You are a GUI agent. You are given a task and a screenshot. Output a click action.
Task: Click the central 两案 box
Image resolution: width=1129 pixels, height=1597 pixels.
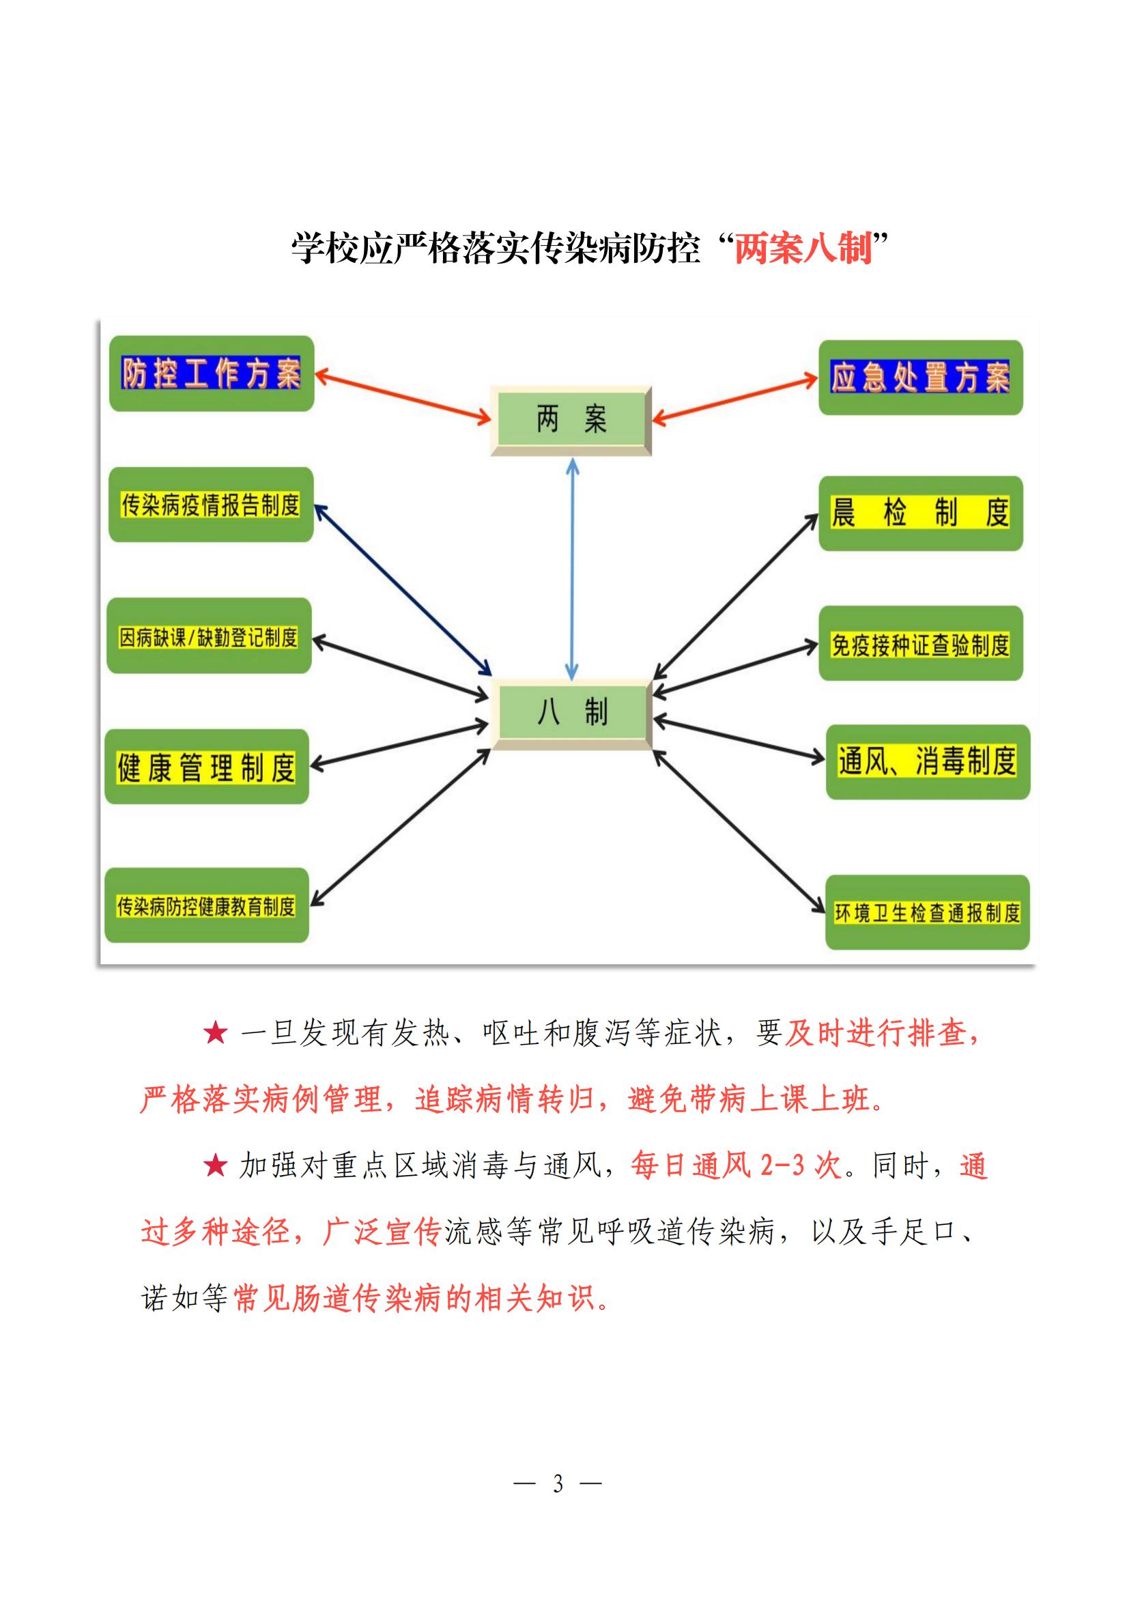pos(571,420)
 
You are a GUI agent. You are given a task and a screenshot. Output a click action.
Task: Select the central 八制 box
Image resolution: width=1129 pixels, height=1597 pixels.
pos(571,713)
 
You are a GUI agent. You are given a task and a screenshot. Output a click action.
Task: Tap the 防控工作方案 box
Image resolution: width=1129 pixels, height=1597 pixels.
pos(212,374)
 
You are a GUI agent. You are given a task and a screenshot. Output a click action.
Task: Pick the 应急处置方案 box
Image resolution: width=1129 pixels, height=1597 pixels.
pos(919,378)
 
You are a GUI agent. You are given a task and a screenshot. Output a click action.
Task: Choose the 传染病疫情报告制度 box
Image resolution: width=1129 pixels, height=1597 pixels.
pos(211,505)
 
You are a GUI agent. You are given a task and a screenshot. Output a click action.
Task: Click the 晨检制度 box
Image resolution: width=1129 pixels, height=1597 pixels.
pos(919,513)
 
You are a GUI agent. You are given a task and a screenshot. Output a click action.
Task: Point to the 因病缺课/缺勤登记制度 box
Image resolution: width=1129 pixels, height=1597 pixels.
pos(209,636)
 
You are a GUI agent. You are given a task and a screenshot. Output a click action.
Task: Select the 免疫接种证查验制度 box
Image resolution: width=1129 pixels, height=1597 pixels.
pos(919,644)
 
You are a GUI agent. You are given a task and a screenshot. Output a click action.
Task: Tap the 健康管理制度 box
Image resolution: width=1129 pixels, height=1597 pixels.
pos(206,767)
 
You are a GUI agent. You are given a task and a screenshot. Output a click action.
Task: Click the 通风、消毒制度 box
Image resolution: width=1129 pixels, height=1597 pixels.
pos(927,762)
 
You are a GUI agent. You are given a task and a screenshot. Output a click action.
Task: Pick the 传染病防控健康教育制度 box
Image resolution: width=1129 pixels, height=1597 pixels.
pos(206,905)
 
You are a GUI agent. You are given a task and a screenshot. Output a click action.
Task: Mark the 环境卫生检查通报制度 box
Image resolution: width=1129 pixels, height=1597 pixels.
pos(927,913)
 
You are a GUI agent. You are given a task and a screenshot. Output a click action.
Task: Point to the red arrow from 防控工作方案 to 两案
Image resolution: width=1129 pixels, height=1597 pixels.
pos(403,397)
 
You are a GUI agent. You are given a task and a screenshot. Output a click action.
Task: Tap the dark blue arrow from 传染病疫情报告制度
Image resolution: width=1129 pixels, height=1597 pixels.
pos(403,590)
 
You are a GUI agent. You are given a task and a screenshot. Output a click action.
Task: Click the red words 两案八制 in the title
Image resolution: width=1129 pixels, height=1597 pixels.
pos(803,249)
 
